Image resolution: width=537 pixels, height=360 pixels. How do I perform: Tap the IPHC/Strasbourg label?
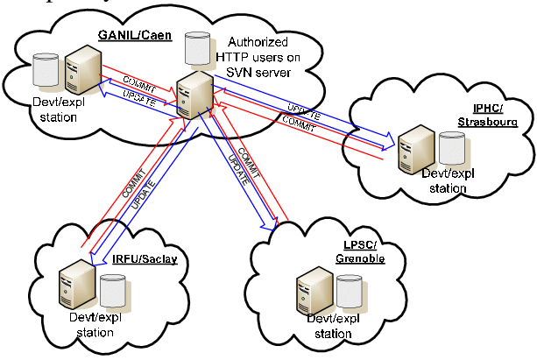pos(480,116)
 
